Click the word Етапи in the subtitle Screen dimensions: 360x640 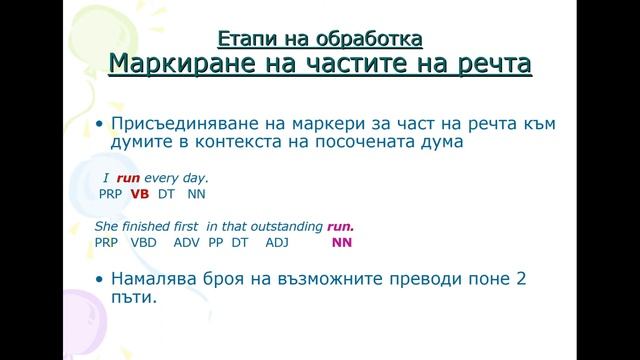click(242, 40)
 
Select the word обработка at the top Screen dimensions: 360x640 click(361, 40)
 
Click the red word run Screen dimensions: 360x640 click(127, 177)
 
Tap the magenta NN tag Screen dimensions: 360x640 click(342, 242)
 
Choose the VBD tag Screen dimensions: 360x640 click(145, 242)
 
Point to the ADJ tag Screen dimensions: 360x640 click(276, 242)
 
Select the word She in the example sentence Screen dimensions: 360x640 click(107, 226)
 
